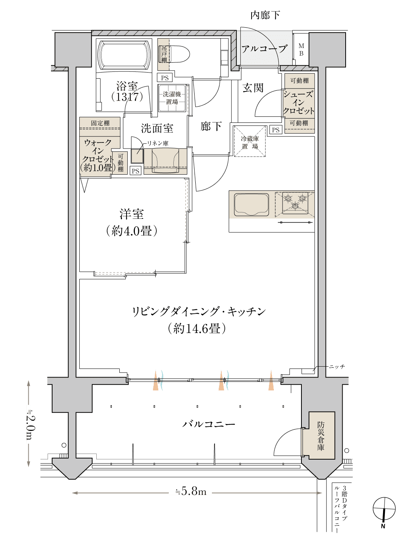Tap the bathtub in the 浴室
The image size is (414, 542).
point(124,55)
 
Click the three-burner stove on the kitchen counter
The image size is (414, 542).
point(295,203)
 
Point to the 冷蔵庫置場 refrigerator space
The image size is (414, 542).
point(250,141)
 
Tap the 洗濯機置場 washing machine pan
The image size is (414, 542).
point(172,98)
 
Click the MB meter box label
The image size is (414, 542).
point(301,50)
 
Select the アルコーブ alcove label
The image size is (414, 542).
point(264,49)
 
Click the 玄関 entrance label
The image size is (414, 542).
point(253,88)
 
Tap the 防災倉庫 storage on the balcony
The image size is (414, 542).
point(321,435)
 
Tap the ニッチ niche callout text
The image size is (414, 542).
point(337,367)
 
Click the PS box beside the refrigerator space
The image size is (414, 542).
point(276,130)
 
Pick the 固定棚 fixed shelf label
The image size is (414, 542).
point(100,123)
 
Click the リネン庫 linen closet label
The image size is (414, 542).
point(158,143)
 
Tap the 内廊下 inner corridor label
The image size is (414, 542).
point(265,15)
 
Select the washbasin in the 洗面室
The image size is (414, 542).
point(165,161)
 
